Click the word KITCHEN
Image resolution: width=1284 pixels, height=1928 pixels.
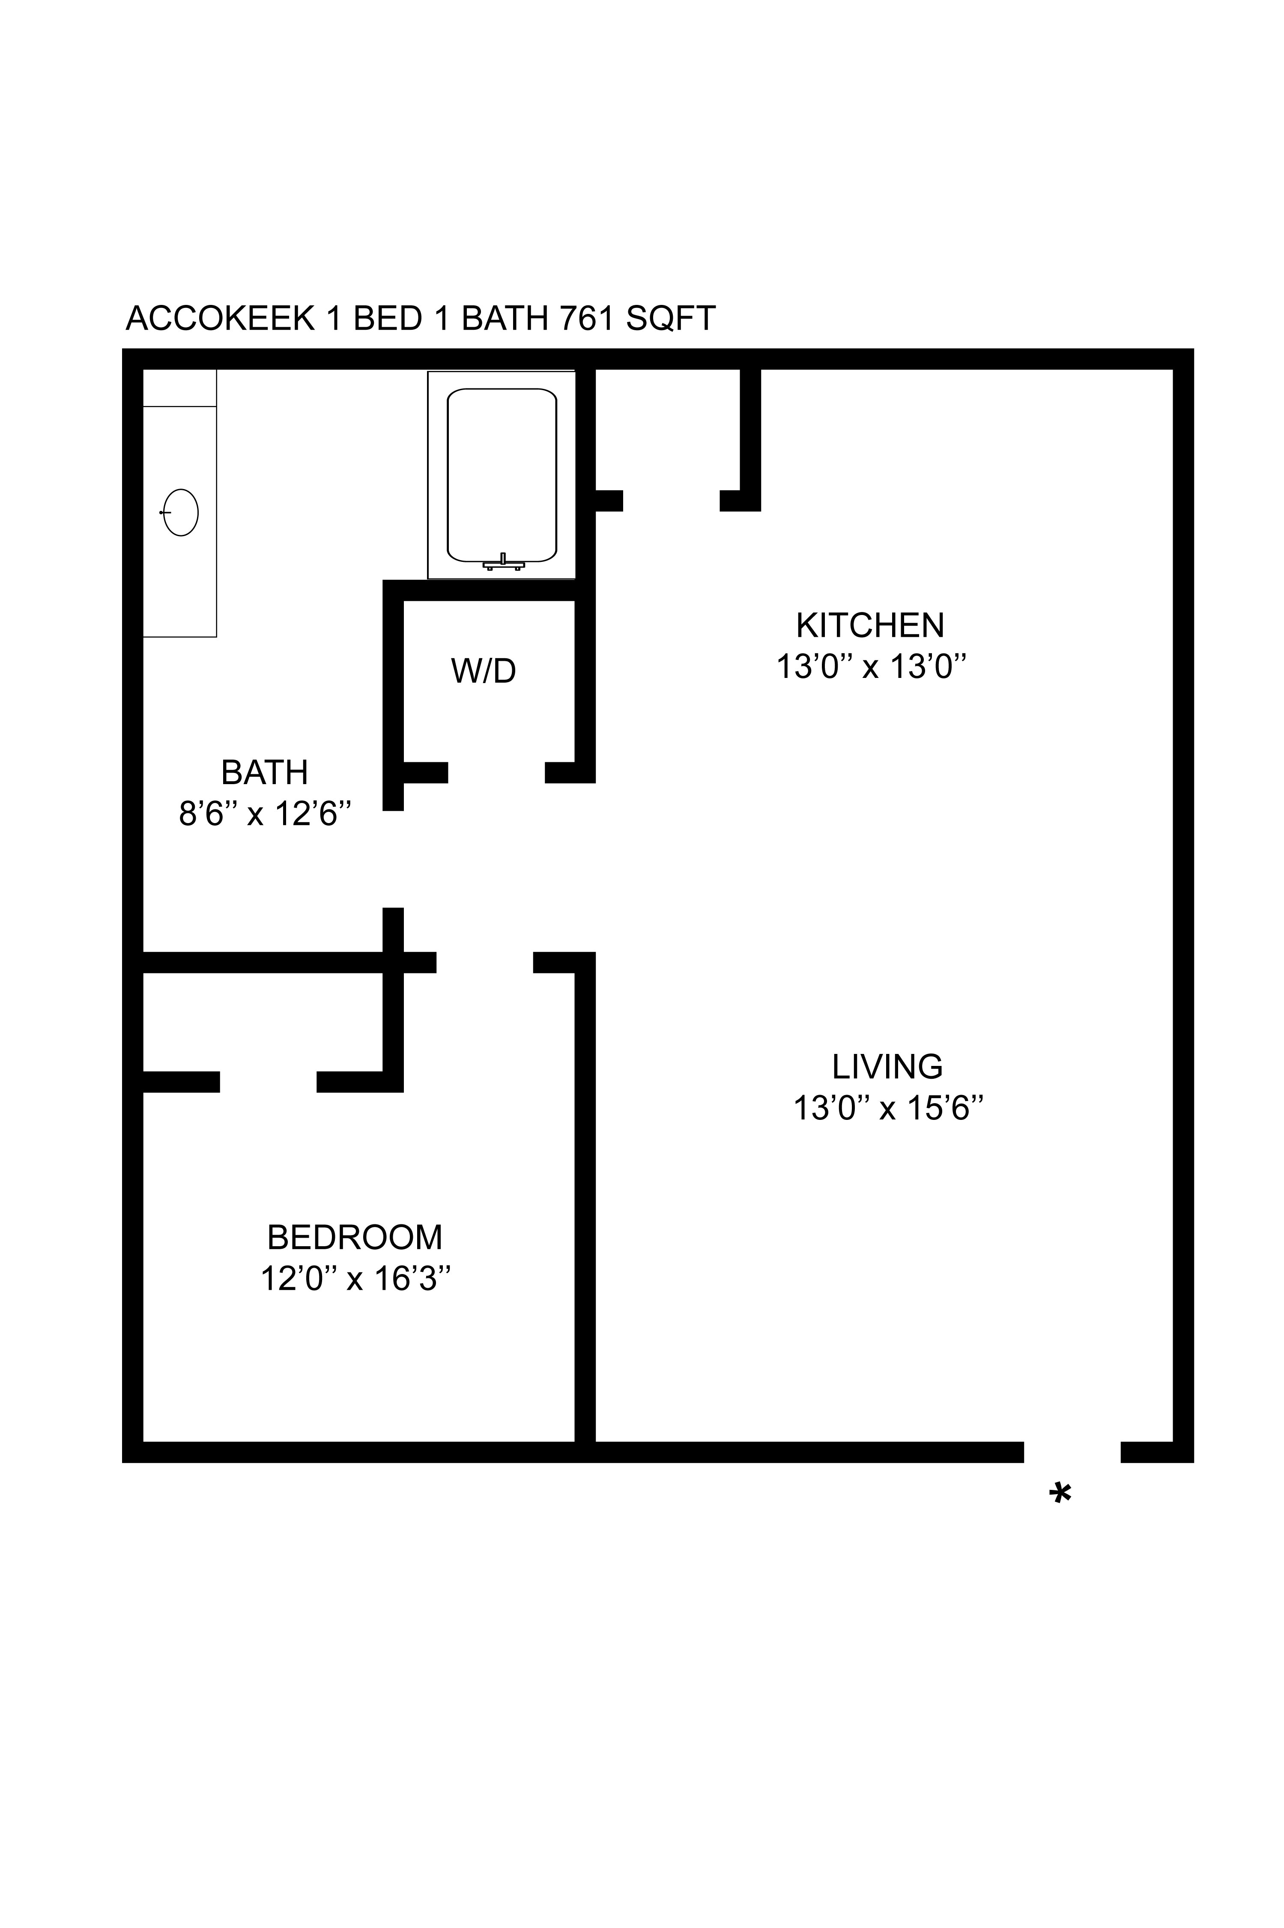click(x=870, y=626)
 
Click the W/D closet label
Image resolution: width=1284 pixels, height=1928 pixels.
click(x=483, y=672)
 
